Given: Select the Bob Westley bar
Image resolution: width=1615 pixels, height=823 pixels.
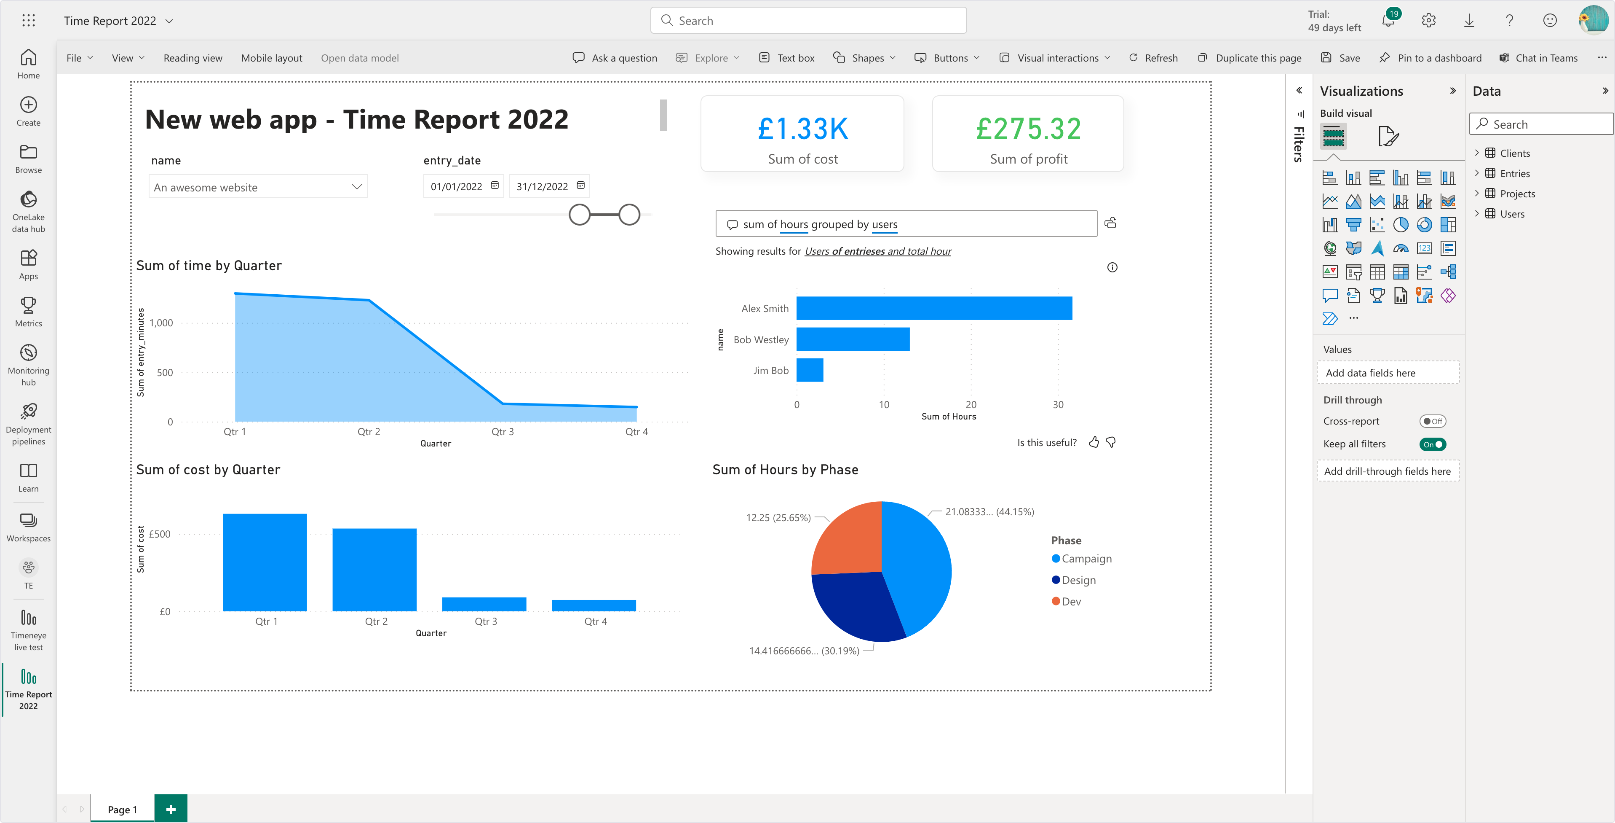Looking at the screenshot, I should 853,339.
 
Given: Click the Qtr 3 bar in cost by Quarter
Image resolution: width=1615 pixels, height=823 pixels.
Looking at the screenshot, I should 484,604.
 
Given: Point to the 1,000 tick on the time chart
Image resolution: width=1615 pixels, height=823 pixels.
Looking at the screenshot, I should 161,323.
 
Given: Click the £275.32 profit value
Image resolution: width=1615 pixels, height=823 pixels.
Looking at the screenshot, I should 1028,129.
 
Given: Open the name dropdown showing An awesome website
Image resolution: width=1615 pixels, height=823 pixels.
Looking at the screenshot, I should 258,187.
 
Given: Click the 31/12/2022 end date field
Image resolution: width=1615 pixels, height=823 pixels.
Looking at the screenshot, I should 542,186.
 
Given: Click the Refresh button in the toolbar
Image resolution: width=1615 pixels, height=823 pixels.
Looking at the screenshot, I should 1154,58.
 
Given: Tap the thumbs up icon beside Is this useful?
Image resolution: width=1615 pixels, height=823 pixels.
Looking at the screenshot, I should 1094,442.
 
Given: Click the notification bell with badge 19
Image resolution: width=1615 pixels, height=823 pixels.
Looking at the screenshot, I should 1388,21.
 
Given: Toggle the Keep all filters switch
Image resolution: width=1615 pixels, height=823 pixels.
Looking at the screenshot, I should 1433,444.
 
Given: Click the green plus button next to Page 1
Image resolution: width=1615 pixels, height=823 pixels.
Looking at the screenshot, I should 171,809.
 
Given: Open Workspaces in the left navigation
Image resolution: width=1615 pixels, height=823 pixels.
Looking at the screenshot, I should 28,527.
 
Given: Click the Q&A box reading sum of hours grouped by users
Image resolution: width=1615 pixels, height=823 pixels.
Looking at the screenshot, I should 906,224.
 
